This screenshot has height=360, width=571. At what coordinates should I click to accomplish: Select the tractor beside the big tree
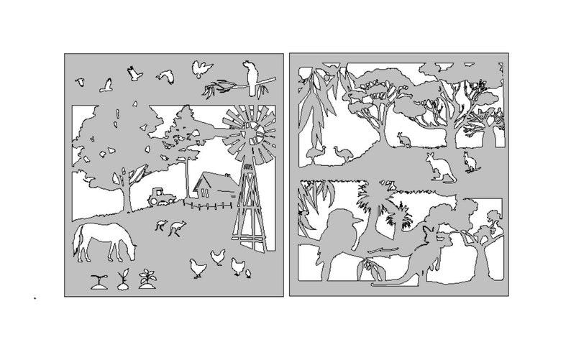(x=159, y=195)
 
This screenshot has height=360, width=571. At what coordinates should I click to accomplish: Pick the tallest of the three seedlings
(x=150, y=276)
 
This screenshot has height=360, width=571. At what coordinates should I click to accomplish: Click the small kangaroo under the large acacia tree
(x=403, y=140)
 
